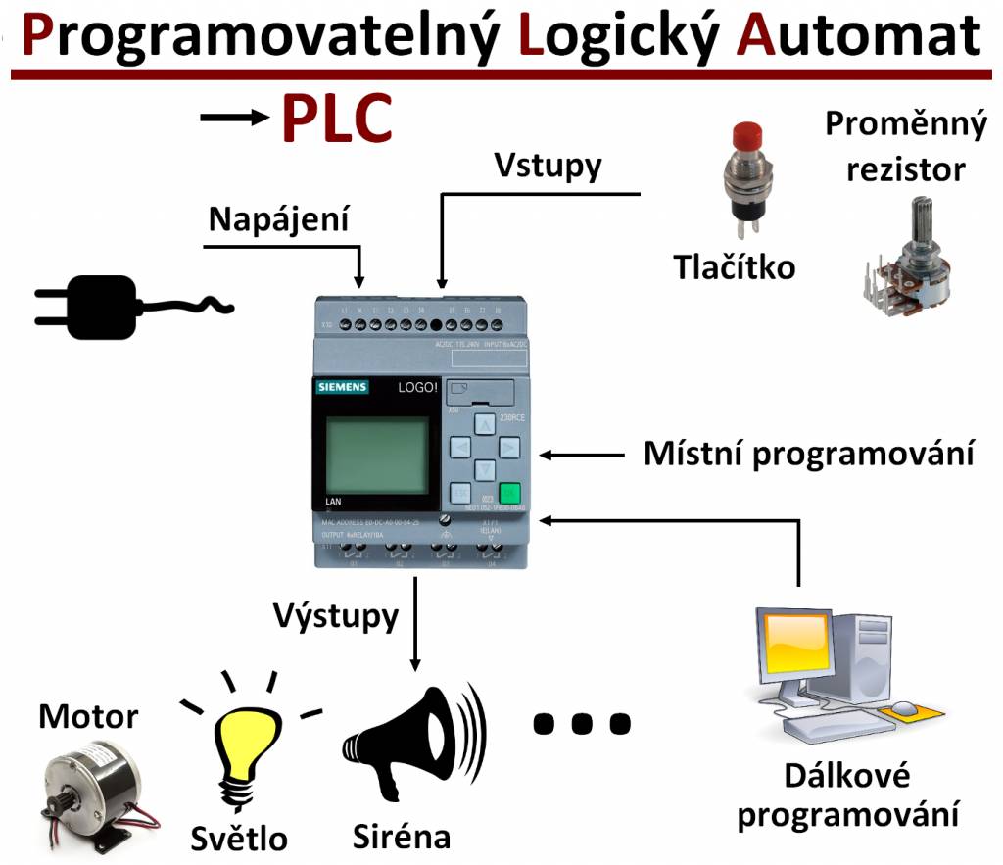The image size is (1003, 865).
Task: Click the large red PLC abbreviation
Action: [337, 118]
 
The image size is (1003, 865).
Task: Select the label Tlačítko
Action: [734, 265]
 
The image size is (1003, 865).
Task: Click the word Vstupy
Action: [547, 165]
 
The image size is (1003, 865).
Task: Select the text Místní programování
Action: [808, 455]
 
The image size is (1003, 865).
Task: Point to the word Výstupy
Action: [336, 616]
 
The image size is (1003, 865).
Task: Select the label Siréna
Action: [402, 836]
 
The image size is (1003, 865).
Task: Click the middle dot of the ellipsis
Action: [581, 724]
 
